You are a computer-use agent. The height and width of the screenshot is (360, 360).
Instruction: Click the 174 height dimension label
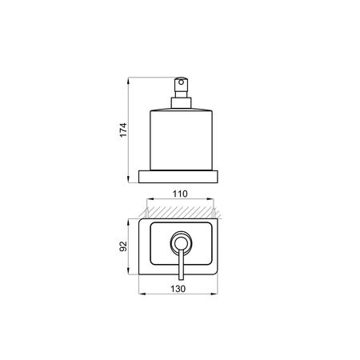(x=123, y=130)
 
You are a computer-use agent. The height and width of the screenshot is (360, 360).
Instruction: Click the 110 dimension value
(x=180, y=194)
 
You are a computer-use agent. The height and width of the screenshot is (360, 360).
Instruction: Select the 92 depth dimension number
(x=123, y=246)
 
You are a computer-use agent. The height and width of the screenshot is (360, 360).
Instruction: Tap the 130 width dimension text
(x=178, y=289)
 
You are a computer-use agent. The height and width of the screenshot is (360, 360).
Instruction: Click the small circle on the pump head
(x=182, y=82)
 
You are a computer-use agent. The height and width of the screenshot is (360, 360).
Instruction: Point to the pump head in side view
(x=181, y=87)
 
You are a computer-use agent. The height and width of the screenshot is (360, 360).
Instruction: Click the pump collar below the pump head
(x=181, y=103)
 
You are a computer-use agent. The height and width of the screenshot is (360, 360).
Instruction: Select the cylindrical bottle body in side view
(x=181, y=139)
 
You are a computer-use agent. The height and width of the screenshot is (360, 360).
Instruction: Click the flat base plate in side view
(x=178, y=177)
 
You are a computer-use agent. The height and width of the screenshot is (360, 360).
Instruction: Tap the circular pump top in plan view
(x=181, y=242)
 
